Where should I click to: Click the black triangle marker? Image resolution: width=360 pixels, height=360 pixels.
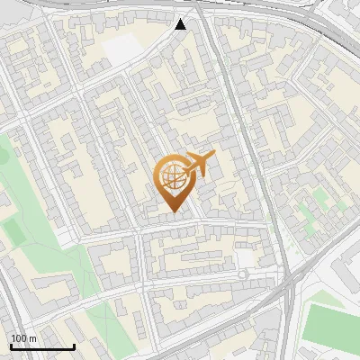pyautogui.click(x=181, y=23)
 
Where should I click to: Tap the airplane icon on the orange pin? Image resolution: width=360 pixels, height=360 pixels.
pyautogui.click(x=199, y=165)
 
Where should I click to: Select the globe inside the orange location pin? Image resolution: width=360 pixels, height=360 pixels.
pyautogui.click(x=171, y=177)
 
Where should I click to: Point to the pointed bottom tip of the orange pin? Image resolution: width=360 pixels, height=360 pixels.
pyautogui.click(x=171, y=212)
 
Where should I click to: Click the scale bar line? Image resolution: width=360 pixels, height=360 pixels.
pyautogui.click(x=42, y=347)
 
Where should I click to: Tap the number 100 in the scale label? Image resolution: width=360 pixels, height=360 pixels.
pyautogui.click(x=19, y=338)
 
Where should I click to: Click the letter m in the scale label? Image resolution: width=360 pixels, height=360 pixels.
pyautogui.click(x=32, y=338)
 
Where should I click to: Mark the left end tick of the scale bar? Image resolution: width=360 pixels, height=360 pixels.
pyautogui.click(x=11, y=346)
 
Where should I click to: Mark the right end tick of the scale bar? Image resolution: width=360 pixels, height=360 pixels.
pyautogui.click(x=74, y=346)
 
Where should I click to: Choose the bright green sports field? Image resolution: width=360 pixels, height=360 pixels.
pyautogui.click(x=331, y=324)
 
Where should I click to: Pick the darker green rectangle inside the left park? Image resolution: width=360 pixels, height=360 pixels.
pyautogui.click(x=13, y=233)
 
